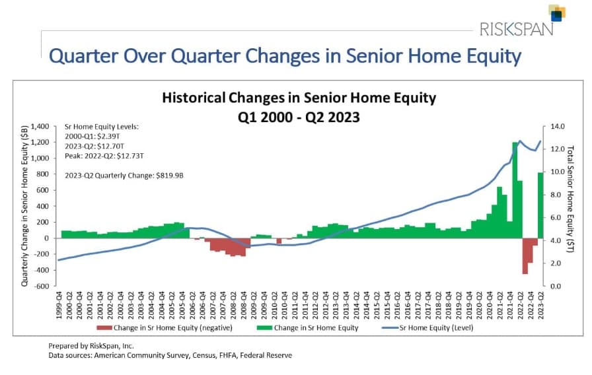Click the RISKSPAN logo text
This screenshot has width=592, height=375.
[516, 29]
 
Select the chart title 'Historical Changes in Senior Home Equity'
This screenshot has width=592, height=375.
[299, 98]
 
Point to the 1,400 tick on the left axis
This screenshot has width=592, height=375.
[40, 126]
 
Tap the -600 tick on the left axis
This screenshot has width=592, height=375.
[42, 286]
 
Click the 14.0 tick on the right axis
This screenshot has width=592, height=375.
[557, 126]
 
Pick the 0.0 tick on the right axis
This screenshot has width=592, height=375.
[556, 286]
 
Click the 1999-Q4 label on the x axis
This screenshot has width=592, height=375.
[59, 305]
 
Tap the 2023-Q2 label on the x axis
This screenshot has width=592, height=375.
[540, 305]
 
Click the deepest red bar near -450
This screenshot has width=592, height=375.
[525, 256]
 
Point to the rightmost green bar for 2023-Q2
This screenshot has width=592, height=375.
[540, 205]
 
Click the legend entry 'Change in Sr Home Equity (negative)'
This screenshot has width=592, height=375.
[165, 328]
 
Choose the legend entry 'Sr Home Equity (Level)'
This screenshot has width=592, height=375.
[427, 328]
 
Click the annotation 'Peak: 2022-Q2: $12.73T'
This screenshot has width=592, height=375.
[104, 156]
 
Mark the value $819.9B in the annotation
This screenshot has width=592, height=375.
[170, 176]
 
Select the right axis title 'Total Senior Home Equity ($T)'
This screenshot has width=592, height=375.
[570, 199]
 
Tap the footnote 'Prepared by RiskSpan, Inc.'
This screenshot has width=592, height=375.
[91, 345]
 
